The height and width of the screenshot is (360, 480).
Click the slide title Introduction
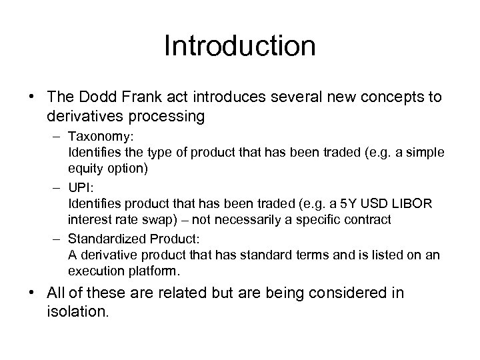tap(239, 47)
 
